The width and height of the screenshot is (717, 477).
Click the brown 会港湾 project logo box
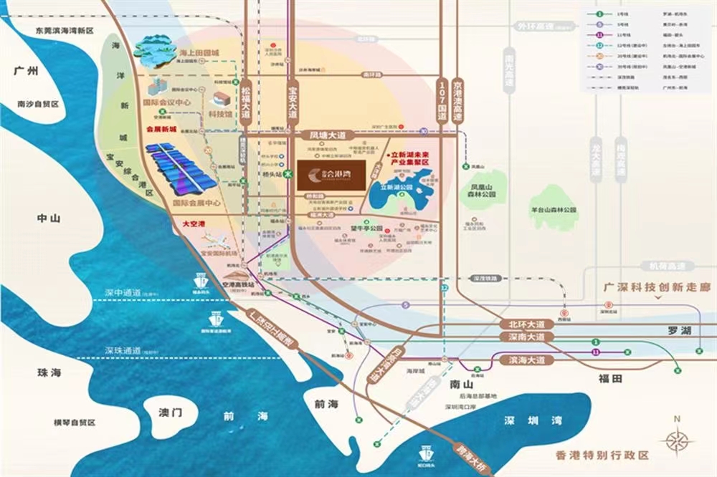click(331, 173)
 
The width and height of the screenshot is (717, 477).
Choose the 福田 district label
click(616, 377)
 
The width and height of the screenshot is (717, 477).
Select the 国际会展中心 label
click(196, 203)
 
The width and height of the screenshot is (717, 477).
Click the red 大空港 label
click(194, 224)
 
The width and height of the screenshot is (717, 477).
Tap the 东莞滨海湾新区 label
click(65, 31)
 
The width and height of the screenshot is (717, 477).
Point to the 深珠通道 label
click(123, 350)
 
